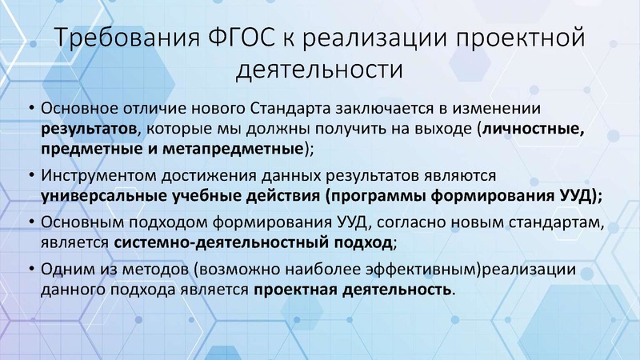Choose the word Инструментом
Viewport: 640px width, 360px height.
[x=94, y=175]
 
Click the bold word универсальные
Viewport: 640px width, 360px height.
[x=98, y=195]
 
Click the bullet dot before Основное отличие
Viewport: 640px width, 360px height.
[x=30, y=109]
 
